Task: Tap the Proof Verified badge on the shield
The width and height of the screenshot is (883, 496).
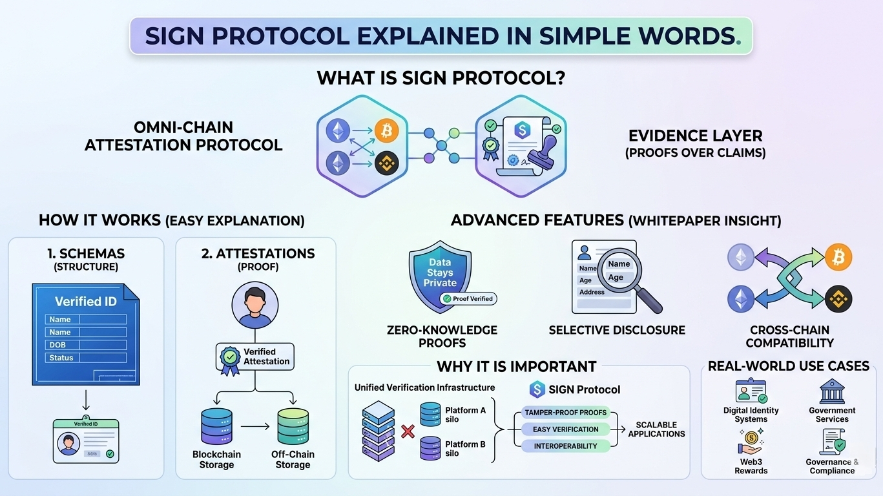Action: click(x=469, y=299)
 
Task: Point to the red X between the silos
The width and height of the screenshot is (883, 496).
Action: click(x=408, y=431)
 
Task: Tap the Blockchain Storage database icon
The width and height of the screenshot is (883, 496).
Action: click(x=216, y=426)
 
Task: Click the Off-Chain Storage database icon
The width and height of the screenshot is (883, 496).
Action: click(x=293, y=426)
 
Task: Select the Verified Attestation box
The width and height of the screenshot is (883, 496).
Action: click(x=255, y=356)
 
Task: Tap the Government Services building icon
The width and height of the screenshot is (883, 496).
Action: click(x=832, y=391)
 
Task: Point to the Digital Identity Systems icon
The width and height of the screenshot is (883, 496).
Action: click(x=751, y=391)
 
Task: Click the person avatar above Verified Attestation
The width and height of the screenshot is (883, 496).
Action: click(x=255, y=305)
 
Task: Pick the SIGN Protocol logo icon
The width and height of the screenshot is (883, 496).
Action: click(x=537, y=389)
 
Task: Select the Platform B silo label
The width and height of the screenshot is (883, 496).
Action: click(x=465, y=449)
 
